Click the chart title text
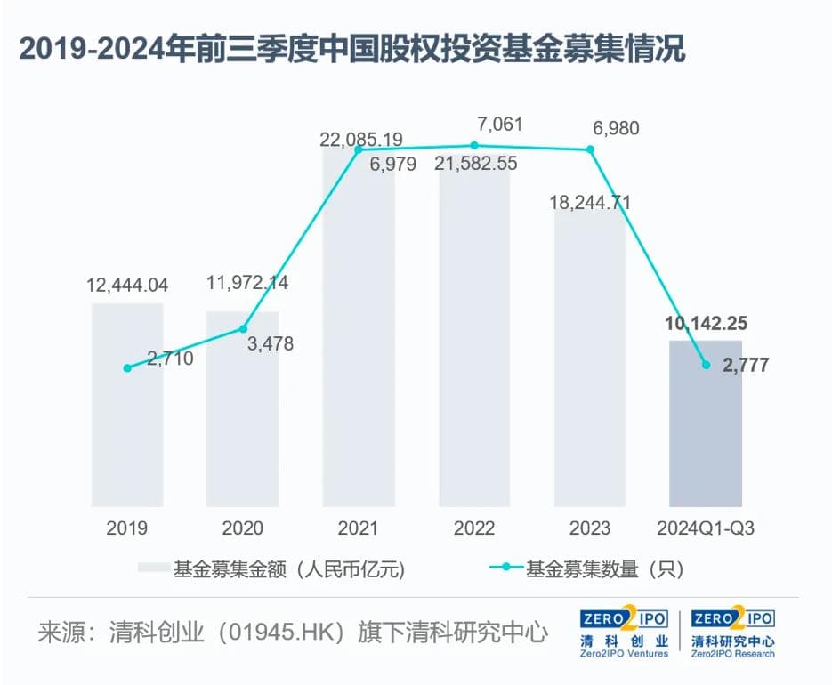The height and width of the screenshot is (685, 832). click(351, 50)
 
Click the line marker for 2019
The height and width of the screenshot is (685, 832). click(127, 367)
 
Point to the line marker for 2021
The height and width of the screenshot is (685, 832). click(359, 150)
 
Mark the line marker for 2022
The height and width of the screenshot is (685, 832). click(474, 145)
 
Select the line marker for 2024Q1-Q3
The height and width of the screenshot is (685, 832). click(706, 364)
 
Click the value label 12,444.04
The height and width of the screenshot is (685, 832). click(127, 286)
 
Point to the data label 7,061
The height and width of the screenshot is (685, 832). click(500, 124)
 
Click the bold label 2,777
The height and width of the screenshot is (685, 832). click(739, 365)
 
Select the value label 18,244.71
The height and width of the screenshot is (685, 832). click(589, 203)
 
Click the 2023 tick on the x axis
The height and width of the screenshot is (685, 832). click(589, 528)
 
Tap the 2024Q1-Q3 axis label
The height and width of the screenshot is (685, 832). click(705, 528)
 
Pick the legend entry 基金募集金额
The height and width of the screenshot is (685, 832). click(271, 568)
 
